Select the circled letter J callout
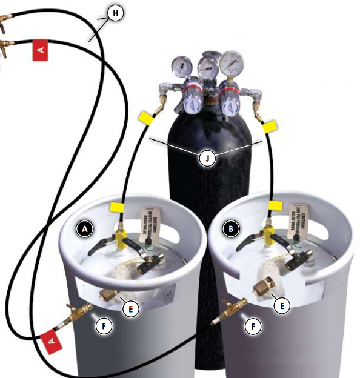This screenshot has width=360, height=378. [x=207, y=158]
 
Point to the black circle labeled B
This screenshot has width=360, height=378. [x=231, y=229]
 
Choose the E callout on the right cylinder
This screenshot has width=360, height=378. [x=281, y=307]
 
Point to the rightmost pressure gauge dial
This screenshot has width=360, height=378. [x=231, y=61]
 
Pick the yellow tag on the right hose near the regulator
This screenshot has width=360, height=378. [x=268, y=125]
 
